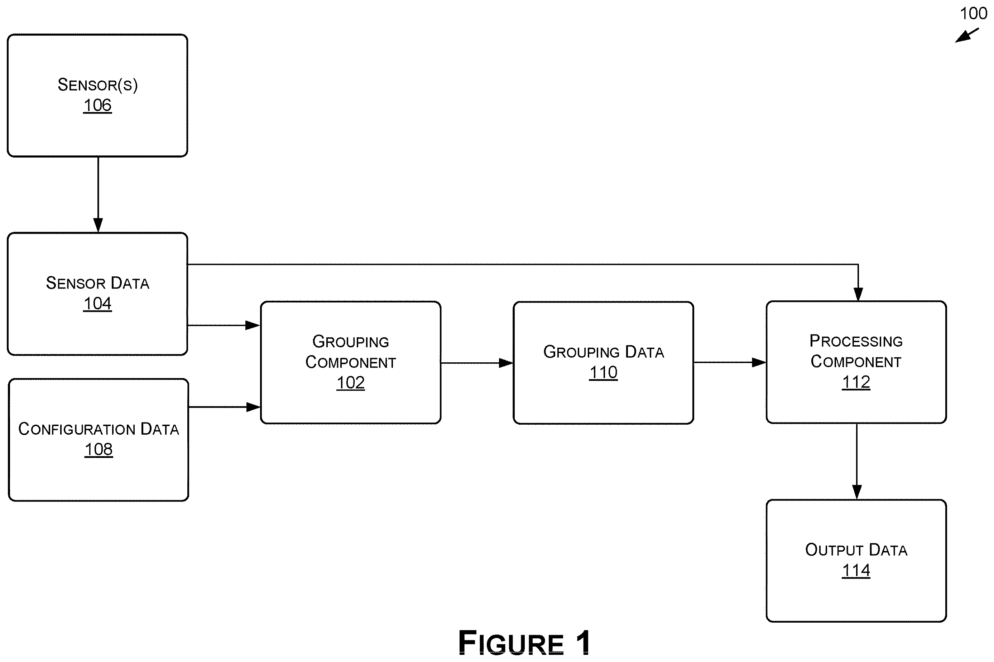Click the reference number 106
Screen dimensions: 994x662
97,105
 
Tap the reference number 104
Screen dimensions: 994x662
97,304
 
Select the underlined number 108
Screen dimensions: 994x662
99,449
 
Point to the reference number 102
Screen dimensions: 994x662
350,382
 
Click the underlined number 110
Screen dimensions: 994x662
604,372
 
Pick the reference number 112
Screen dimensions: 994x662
856,382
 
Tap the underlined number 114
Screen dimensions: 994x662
856,570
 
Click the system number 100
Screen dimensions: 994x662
973,14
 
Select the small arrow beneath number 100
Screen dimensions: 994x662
967,35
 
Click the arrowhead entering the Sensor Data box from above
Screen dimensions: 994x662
98,225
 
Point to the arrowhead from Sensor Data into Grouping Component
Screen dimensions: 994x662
253,325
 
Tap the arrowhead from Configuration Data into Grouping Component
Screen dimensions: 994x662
253,407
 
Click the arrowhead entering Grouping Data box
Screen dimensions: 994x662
506,363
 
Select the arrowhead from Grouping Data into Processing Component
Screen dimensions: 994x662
759,362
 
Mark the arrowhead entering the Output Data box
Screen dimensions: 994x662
857,492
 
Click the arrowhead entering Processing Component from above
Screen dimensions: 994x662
858,294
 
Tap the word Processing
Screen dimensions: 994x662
856,341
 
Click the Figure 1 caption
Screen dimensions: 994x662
524,643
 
